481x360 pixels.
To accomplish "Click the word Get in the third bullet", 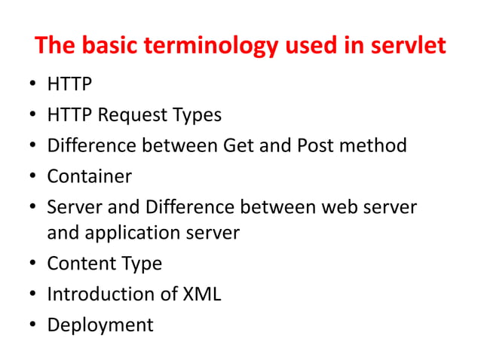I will click(x=238, y=145).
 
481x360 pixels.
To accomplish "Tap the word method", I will click(x=374, y=145).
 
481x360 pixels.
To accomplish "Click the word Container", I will click(x=89, y=176).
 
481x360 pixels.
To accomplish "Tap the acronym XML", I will click(x=201, y=294).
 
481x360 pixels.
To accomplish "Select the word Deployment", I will click(x=100, y=325).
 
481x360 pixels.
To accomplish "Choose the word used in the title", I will click(x=307, y=46).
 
